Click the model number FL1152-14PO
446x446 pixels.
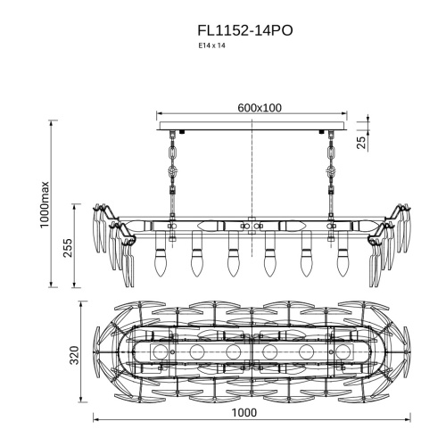pos(245,30)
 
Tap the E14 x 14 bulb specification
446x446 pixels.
pos(212,45)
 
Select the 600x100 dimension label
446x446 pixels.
pos(260,108)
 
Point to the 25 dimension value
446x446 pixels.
pos(360,143)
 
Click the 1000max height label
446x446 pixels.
pos(45,204)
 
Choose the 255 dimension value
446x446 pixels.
pos(67,247)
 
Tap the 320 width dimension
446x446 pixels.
pos(74,355)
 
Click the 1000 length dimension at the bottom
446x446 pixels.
pos(244,413)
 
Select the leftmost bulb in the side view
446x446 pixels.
pos(160,263)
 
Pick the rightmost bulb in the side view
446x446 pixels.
pos(343,263)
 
